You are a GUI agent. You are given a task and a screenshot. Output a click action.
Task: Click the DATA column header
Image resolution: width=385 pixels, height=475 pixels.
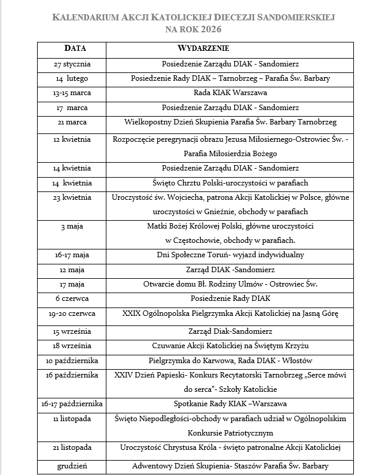(x=75, y=48)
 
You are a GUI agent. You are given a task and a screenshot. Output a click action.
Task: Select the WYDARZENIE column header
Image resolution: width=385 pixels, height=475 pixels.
(x=204, y=48)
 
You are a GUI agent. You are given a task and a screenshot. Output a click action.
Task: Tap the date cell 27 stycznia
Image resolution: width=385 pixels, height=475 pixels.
(x=72, y=63)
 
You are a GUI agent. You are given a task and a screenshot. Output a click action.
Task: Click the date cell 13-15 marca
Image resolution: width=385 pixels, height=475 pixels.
(x=72, y=93)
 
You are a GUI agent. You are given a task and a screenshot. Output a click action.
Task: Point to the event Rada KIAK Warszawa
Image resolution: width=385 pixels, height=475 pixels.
(x=230, y=93)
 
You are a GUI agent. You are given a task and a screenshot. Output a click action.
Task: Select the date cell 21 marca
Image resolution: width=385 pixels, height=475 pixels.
(x=72, y=122)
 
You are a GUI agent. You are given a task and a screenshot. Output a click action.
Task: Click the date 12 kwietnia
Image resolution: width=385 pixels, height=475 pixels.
(x=72, y=139)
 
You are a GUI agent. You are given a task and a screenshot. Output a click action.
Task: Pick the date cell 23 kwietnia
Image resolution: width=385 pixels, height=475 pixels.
(x=72, y=197)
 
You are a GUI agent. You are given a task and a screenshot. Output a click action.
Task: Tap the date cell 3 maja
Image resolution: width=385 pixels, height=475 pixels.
(x=72, y=226)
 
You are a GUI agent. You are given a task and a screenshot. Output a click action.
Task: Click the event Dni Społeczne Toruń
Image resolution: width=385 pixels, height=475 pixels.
(x=230, y=255)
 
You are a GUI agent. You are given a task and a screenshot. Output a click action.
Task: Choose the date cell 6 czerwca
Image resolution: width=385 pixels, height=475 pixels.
(x=72, y=298)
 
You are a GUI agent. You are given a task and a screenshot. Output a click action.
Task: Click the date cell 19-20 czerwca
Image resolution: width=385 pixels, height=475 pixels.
(x=72, y=313)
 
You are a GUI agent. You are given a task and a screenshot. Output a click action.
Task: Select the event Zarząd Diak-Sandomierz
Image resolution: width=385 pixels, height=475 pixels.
(x=230, y=331)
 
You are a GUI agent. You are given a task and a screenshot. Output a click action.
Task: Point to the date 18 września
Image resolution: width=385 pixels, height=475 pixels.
(x=72, y=346)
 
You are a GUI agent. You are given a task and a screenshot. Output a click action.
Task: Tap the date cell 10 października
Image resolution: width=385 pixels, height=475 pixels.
(x=72, y=361)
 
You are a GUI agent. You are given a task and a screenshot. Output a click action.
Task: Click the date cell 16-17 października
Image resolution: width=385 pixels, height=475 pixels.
(x=72, y=403)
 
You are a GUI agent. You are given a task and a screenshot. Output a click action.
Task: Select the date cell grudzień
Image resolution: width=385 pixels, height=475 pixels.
(x=72, y=466)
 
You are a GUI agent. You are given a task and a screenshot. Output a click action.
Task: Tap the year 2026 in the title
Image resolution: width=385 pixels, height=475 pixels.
(x=220, y=29)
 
